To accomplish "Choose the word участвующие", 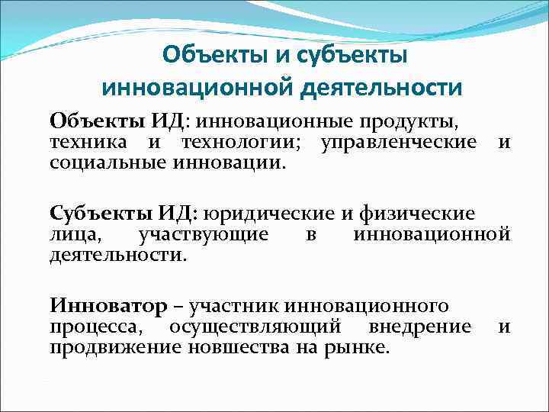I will click(204, 234).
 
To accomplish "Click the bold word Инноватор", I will click(108, 307).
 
